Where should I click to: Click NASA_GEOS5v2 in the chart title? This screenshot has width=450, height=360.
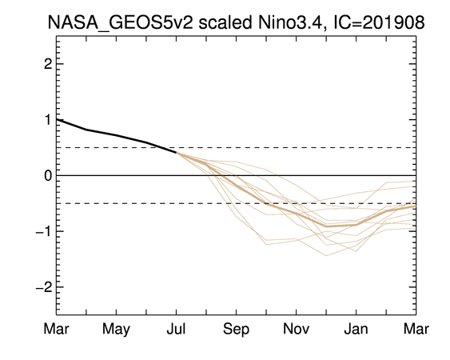(121, 22)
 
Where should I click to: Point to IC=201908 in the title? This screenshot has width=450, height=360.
(379, 22)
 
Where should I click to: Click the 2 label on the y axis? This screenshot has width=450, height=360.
(48, 64)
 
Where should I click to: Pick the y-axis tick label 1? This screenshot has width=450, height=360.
(48, 119)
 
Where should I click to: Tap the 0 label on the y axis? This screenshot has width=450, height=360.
(48, 175)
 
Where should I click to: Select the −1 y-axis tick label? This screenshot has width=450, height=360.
(44, 231)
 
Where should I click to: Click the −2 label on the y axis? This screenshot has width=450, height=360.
(44, 286)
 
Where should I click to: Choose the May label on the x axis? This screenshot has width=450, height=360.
(116, 330)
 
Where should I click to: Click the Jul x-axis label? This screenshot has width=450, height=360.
(176, 329)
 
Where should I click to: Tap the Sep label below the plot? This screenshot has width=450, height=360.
(237, 330)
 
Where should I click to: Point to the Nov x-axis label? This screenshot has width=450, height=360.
(297, 329)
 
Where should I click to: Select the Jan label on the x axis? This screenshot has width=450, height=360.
(356, 329)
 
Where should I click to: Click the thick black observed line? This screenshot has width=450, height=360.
(116, 135)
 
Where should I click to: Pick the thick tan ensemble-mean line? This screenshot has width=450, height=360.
(297, 214)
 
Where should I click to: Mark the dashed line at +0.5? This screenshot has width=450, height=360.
(237, 148)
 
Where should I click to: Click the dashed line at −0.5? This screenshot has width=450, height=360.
(237, 203)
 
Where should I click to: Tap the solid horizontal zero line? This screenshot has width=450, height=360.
(237, 175)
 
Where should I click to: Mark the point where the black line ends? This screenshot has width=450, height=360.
(176, 153)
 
